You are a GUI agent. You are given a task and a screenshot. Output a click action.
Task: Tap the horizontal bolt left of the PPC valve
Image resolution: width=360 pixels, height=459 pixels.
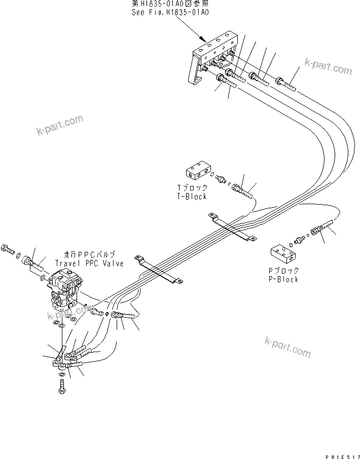coord(8,248)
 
